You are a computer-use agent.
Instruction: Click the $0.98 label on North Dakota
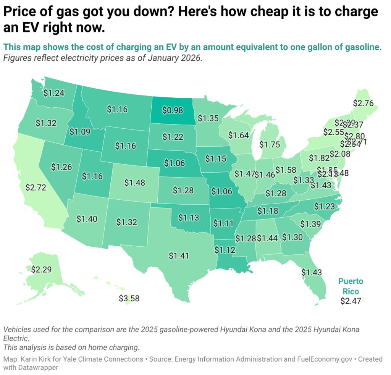click(172, 110)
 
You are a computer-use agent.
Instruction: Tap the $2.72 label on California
click(36, 187)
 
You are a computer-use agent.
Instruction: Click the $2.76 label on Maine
click(363, 103)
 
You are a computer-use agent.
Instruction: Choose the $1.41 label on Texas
click(179, 255)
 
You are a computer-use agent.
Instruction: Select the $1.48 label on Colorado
click(135, 183)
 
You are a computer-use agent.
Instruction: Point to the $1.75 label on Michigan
click(270, 145)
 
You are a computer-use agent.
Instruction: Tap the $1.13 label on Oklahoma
click(189, 217)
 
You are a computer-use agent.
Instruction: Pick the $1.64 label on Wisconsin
click(239, 135)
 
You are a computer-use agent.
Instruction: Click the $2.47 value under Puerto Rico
click(351, 301)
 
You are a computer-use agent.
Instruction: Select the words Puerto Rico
click(351, 286)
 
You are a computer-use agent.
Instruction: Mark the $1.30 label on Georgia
click(292, 237)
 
